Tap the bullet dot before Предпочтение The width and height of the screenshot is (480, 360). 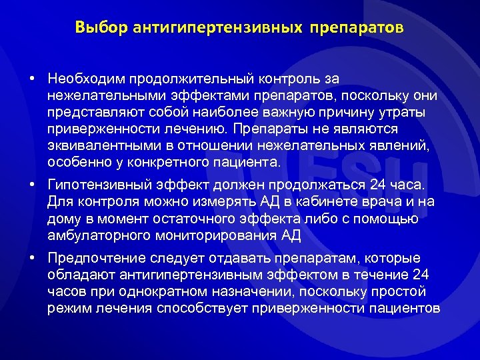pyautogui.click(x=32, y=257)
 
